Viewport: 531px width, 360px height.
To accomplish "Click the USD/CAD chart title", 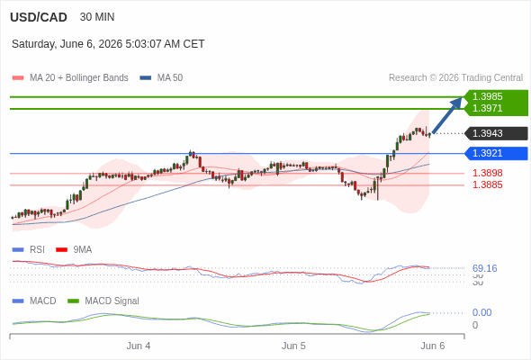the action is pos(39,17).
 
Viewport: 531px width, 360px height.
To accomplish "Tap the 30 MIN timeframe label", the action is pos(97,17).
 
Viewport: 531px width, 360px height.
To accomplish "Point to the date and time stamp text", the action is pos(108,44).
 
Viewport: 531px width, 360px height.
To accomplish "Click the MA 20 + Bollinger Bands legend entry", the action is pos(70,78).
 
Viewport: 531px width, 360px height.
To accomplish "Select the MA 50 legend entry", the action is pos(161,78).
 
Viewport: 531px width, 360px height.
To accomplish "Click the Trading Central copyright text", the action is pos(455,78).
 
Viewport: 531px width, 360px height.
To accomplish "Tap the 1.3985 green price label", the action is pos(487,96).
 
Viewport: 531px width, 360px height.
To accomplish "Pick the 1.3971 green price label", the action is pos(487,108).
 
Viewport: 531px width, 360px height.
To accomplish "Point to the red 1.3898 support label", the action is pos(487,173).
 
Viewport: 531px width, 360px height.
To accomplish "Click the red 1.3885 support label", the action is pos(487,184).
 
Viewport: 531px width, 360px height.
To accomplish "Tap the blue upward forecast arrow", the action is pos(447,115).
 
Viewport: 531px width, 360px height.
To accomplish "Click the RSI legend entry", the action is pos(29,249).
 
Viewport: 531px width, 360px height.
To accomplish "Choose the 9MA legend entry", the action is pos(74,249).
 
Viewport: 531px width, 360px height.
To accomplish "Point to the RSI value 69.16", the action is pos(484,268).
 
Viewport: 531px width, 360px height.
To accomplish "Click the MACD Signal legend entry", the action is pos(103,301).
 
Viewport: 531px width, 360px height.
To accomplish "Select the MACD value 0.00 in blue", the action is pos(481,312).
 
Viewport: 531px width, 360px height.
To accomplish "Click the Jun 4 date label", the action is pos(139,346).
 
